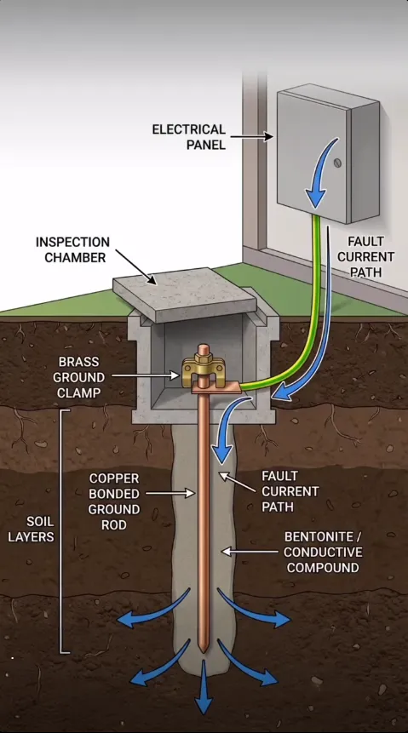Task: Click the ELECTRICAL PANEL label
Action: (x=188, y=136)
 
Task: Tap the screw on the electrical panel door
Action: (x=337, y=163)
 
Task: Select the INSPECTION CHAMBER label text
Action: (x=73, y=249)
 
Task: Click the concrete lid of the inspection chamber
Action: (x=185, y=294)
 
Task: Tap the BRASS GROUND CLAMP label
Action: (x=78, y=377)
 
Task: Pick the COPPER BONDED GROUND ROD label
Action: (x=114, y=501)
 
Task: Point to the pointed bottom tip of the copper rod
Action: (x=203, y=650)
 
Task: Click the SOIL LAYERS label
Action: (x=31, y=530)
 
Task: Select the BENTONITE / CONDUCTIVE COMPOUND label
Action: (x=323, y=552)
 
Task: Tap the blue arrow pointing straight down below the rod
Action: (x=204, y=687)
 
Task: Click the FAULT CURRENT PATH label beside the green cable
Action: (x=366, y=256)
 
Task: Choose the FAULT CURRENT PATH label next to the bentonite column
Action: (x=290, y=491)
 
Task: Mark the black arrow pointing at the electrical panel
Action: (x=252, y=136)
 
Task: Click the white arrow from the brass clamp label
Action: (x=146, y=375)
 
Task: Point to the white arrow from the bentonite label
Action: (x=250, y=552)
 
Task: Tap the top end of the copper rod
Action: (x=203, y=346)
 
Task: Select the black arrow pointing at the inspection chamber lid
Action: (x=136, y=267)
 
